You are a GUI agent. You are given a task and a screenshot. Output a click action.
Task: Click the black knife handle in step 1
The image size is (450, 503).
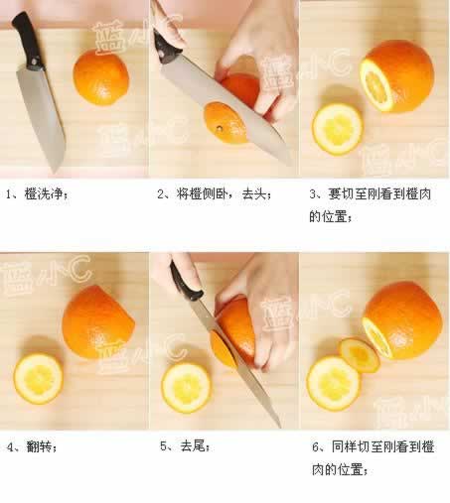click(x=28, y=42)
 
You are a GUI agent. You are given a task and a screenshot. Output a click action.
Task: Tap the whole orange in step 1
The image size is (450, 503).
click(x=100, y=77)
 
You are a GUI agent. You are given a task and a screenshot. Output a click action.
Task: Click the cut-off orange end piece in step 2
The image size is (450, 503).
click(x=225, y=122)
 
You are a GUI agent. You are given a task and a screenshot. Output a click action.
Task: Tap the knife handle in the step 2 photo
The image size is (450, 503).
click(x=167, y=47)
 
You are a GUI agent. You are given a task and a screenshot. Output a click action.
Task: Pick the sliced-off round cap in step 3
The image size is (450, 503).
click(x=338, y=129)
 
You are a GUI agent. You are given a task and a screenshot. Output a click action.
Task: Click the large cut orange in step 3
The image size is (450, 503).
click(x=396, y=76)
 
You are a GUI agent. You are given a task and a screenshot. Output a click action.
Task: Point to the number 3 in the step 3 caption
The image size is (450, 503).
click(x=313, y=194)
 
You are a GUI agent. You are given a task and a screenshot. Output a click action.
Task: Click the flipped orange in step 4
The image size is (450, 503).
click(x=98, y=322)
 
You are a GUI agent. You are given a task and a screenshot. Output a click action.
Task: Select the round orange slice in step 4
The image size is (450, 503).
click(x=38, y=379)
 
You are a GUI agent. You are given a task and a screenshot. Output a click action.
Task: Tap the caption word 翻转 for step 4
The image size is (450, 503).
click(x=39, y=447)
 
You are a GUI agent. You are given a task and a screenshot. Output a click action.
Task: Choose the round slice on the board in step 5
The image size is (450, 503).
click(x=186, y=388)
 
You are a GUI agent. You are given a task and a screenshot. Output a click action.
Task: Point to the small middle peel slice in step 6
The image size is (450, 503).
click(x=360, y=354)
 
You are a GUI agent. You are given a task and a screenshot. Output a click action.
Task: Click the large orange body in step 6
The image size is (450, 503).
click(x=402, y=319)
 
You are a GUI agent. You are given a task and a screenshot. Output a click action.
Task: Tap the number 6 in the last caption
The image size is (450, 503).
click(x=316, y=447)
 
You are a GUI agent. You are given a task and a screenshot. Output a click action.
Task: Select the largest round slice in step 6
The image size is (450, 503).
click(x=334, y=383)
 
